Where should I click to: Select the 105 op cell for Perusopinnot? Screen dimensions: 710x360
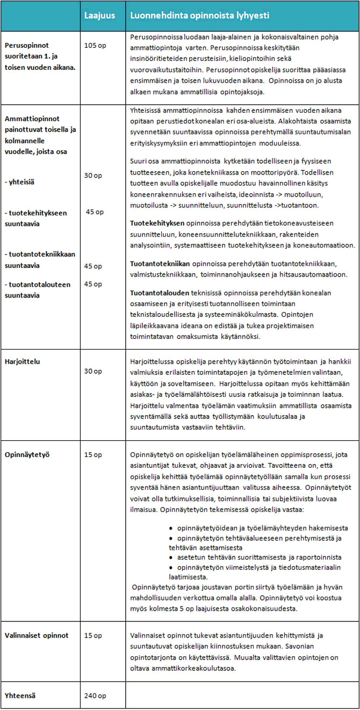click(95, 45)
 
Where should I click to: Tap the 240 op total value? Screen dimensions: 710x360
click(95, 696)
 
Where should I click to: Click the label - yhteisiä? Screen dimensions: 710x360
click(18, 182)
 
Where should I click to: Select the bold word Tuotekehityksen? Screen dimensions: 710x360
click(158, 222)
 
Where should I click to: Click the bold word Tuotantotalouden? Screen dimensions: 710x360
click(160, 293)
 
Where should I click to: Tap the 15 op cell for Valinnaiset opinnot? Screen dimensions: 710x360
click(93, 635)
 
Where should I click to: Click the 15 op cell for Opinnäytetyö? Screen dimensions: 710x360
click(93, 454)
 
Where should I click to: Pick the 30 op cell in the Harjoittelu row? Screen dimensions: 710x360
click(93, 371)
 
